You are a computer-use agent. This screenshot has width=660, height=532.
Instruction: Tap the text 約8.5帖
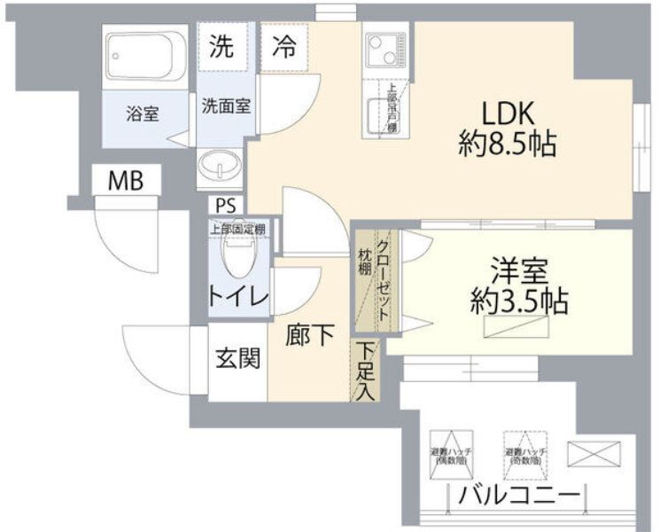[508, 144]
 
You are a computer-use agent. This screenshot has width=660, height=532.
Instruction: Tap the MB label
[125, 181]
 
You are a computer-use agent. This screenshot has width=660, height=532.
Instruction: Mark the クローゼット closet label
[384, 280]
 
